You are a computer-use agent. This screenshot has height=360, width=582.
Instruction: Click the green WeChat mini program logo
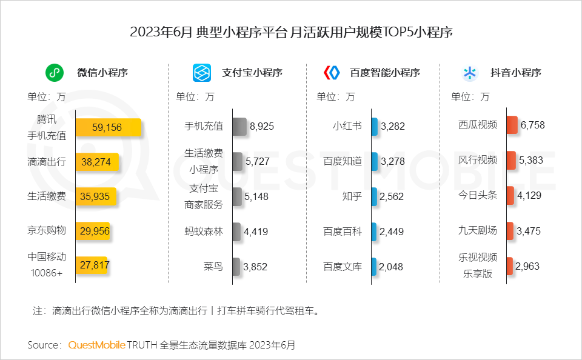click(55, 73)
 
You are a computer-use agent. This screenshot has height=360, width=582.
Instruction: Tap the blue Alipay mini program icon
click(201, 73)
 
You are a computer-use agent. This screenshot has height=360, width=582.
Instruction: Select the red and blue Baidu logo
click(332, 73)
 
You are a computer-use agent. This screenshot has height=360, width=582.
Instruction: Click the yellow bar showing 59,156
click(108, 127)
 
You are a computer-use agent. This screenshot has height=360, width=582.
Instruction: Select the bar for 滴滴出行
click(96, 162)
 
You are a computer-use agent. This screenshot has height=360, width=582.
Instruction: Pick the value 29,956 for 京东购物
click(93, 231)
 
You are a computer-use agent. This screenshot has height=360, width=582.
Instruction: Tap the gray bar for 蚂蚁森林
click(236, 231)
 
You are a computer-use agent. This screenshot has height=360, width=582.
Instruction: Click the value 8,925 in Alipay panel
click(262, 127)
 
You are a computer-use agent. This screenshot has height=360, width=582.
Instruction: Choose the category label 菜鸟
click(213, 266)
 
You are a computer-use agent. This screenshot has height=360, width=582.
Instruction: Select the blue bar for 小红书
click(375, 127)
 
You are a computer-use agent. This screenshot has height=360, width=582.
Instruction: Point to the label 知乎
click(352, 196)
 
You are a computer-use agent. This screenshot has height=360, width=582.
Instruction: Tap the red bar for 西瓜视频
click(512, 125)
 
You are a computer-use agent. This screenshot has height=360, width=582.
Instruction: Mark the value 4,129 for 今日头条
click(529, 196)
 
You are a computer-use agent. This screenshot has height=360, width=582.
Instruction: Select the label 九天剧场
click(478, 231)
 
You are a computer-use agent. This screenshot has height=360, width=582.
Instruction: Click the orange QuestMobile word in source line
click(96, 345)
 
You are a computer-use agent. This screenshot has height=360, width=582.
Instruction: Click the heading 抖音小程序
click(515, 73)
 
